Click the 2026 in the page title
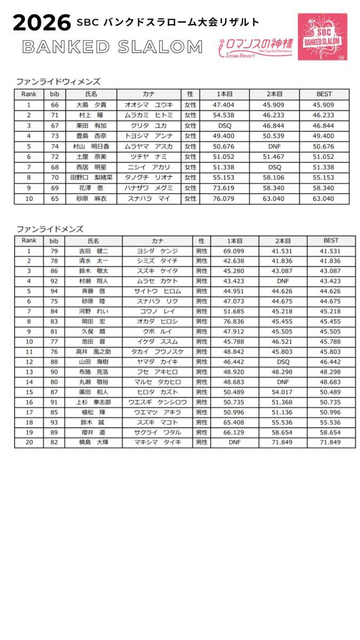42,23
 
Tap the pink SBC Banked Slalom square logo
322,36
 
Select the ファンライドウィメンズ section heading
58,82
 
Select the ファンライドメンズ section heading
50,229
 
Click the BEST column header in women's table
324,94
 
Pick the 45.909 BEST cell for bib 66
324,105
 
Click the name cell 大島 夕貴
89,105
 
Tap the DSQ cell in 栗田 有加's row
225,124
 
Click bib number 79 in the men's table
54,251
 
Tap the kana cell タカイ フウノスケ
157,351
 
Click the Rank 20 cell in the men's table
29,442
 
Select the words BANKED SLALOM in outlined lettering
113,47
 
